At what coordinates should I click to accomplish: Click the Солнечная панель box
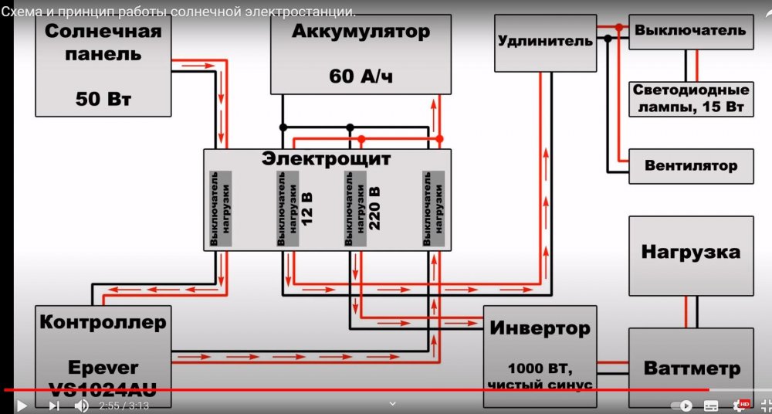pyautogui.click(x=103, y=66)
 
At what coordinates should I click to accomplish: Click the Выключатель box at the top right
pyautogui.click(x=690, y=32)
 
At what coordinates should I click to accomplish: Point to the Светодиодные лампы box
pyautogui.click(x=691, y=98)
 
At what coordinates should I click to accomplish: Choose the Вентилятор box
pyautogui.click(x=690, y=166)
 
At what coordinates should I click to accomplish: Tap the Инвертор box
pyautogui.click(x=540, y=348)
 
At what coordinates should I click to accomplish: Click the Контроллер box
pyautogui.click(x=103, y=348)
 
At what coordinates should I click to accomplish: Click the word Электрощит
pyautogui.click(x=326, y=159)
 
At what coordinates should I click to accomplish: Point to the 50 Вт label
pyautogui.click(x=103, y=99)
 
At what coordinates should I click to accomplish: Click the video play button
pyautogui.click(x=22, y=406)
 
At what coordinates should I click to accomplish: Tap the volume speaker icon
pyautogui.click(x=81, y=406)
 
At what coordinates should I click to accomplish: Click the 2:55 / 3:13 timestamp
pyautogui.click(x=124, y=406)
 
